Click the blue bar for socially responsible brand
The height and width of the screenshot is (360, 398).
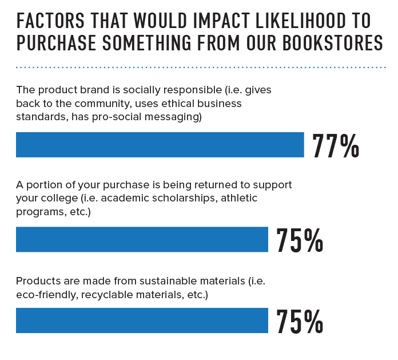click(x=160, y=145)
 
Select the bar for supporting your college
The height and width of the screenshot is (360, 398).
click(x=142, y=239)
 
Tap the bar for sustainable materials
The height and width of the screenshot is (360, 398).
click(x=142, y=321)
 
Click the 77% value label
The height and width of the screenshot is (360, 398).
click(x=336, y=147)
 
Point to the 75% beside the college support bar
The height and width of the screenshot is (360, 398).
click(x=300, y=241)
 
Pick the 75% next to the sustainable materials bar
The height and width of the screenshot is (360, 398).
click(x=300, y=322)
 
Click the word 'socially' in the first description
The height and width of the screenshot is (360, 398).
click(x=139, y=90)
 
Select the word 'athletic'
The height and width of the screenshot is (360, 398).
click(x=239, y=198)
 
